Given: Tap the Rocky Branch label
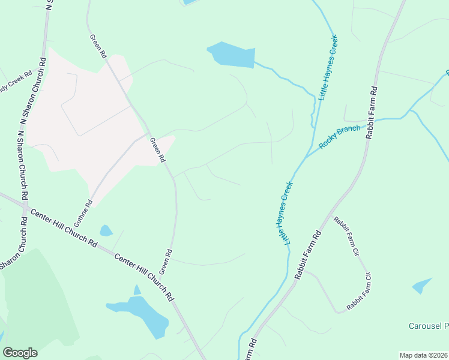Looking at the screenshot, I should (340, 137).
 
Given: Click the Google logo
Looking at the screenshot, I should (20, 352).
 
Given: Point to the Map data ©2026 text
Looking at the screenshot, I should (424, 355).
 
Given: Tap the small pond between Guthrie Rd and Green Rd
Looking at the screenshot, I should (106, 230).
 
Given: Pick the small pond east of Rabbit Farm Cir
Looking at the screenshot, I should (422, 286).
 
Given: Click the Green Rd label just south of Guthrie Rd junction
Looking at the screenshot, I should (157, 150).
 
